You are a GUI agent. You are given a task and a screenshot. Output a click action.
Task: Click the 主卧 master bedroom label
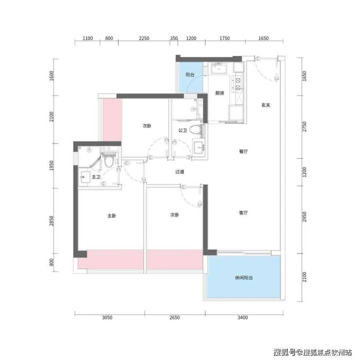tap(111, 216)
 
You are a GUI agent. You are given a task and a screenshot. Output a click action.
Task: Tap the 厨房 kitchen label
tap(220, 93)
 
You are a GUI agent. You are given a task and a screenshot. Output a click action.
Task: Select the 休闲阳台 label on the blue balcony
tap(244, 278)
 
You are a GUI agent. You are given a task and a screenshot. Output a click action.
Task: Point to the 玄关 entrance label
tap(266, 105)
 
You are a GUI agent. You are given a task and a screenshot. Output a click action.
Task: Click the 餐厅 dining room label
tap(243, 151)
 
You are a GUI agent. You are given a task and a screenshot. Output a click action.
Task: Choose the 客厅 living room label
tap(243, 213)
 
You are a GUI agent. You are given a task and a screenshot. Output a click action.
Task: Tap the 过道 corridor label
tap(180, 172)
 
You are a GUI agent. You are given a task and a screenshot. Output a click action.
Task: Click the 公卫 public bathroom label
tap(183, 130)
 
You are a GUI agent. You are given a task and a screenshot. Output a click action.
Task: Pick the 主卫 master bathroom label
tap(96, 177)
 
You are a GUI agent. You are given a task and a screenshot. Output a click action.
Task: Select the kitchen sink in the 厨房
tap(219, 69)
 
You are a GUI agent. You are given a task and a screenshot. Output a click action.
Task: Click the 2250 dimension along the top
tap(144, 38)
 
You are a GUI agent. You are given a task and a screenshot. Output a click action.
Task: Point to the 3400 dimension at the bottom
tap(242, 318)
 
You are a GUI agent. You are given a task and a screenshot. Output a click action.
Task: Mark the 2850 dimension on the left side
tap(52, 221)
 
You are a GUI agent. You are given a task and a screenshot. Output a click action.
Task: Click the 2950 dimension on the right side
tap(304, 217)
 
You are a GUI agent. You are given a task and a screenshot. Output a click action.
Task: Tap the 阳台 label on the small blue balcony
tap(190, 74)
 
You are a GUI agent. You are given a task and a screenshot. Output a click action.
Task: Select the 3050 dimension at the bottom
tap(107, 318)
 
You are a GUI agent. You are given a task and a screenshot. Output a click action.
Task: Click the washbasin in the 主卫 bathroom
tap(85, 177)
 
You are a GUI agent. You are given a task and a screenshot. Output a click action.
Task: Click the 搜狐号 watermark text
tap(285, 352)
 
